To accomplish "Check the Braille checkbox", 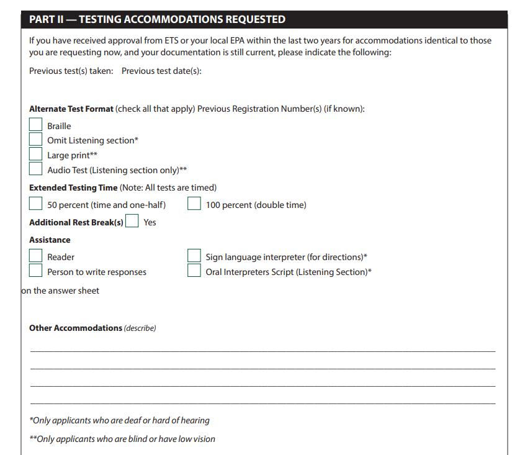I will pos(36,125).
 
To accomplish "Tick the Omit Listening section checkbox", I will pos(36,140).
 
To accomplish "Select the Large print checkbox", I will pos(36,155).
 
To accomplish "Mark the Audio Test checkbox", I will pos(36,169).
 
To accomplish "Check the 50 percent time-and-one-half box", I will pos(36,204).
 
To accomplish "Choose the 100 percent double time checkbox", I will pos(194,204).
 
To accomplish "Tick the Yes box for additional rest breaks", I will pos(132,222).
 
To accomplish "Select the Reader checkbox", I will pos(36,256).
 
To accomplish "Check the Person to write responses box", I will pos(36,271).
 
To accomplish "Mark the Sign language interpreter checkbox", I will pos(194,256).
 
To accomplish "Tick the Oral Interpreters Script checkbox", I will pos(194,271).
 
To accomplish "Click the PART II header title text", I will pos(157,20).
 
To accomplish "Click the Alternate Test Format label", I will pos(71,109).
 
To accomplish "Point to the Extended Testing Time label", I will pos(73,187).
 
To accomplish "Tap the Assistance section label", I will pos(50,240).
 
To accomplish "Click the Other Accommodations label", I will pos(76,328).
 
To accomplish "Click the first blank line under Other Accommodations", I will pos(262,351).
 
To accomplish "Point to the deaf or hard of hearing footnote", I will pos(120,420).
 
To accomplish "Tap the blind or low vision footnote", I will pos(122,439).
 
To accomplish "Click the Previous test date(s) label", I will pos(161,71).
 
